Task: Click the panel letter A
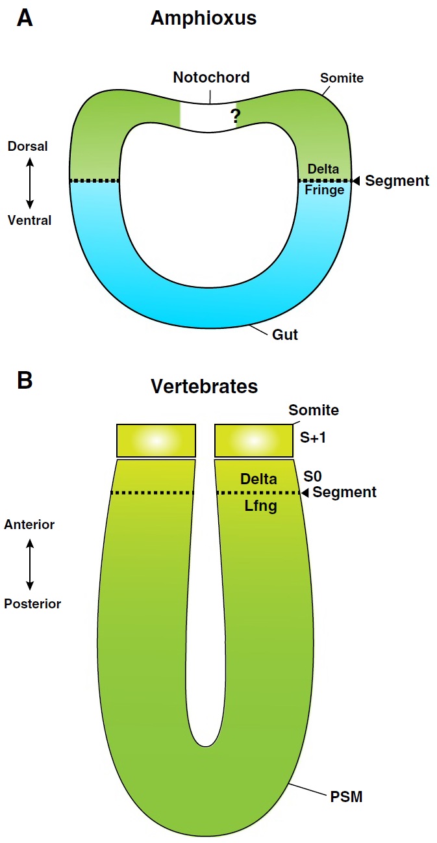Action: click(x=25, y=18)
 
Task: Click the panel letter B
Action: click(x=25, y=380)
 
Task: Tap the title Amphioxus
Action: click(x=203, y=18)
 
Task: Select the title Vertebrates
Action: click(x=204, y=386)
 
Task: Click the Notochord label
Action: click(x=211, y=77)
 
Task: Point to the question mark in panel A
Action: click(x=235, y=116)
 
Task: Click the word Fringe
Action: click(x=324, y=190)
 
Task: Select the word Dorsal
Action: click(x=27, y=146)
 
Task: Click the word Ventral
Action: click(x=29, y=220)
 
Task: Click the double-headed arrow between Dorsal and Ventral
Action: click(x=29, y=183)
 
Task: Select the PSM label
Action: click(x=346, y=796)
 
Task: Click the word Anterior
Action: click(x=29, y=525)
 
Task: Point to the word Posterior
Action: click(x=32, y=604)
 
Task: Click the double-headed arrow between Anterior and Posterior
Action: click(x=30, y=564)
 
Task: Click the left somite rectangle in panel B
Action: click(x=156, y=440)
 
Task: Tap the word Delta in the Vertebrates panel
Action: click(x=258, y=479)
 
